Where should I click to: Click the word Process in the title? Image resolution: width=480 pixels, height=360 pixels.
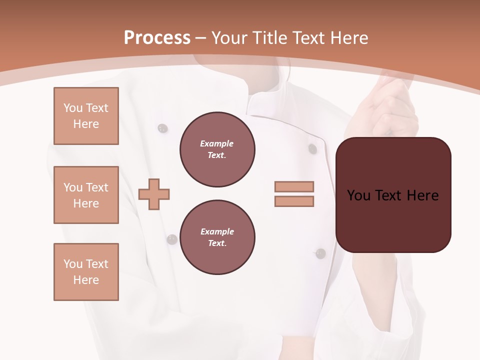(157, 38)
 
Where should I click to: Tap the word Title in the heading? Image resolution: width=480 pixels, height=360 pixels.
(270, 38)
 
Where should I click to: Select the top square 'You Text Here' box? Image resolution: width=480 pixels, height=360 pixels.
(86, 116)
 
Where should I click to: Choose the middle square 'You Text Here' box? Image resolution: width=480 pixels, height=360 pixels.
(86, 195)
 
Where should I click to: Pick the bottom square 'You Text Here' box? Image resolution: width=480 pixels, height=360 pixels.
(86, 272)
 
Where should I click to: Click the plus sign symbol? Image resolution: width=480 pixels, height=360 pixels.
(154, 194)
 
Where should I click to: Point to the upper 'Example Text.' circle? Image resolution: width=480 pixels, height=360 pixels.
(217, 149)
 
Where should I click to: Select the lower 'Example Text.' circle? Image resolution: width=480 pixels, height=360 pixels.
(217, 237)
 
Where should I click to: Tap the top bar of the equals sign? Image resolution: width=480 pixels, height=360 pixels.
(294, 186)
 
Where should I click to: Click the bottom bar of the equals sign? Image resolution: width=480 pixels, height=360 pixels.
(294, 201)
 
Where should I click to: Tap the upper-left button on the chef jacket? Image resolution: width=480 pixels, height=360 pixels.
(162, 128)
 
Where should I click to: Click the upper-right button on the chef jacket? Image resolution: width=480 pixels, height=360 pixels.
(312, 148)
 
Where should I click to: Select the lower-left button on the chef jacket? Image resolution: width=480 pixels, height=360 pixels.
(172, 239)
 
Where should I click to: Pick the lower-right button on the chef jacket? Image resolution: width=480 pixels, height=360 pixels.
(320, 253)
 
